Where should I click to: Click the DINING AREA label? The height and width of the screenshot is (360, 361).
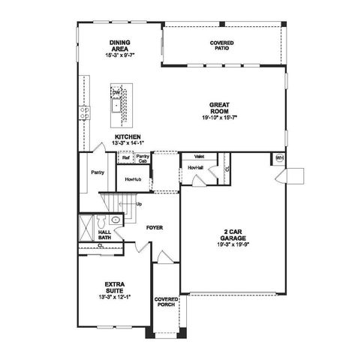point(119,46)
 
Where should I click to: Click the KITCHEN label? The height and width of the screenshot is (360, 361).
point(128,136)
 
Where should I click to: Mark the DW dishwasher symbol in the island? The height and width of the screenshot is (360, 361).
point(116,93)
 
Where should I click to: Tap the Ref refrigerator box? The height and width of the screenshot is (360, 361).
point(125,158)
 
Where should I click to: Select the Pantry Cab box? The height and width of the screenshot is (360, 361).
point(143,159)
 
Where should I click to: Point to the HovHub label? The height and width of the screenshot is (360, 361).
point(134,181)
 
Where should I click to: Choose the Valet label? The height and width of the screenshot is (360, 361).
point(200,156)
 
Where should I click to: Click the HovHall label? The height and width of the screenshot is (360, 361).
point(196,166)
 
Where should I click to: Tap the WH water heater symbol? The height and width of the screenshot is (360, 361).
point(279,158)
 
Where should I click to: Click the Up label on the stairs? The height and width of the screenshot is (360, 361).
point(138,203)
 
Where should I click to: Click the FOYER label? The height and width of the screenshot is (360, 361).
point(155,226)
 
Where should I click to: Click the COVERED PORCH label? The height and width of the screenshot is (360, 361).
point(166,301)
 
